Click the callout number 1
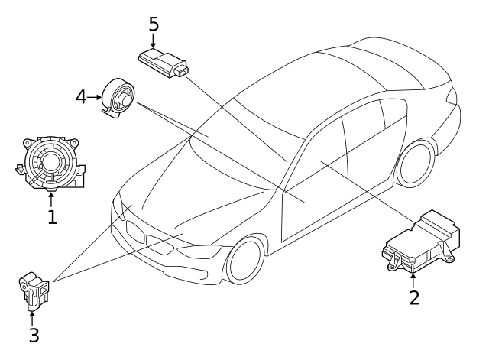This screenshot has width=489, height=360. [53, 217]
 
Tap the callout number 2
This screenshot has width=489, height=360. [414, 298]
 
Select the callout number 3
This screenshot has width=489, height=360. [34, 335]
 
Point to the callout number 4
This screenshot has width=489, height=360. [81, 97]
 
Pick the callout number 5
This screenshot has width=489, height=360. [154, 24]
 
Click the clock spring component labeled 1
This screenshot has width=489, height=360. [51, 163]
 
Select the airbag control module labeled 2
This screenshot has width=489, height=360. [421, 242]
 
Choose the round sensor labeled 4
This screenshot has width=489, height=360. [118, 98]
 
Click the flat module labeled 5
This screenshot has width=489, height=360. [163, 63]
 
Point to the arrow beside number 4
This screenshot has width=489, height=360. [94, 97]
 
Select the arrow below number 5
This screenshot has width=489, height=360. [153, 41]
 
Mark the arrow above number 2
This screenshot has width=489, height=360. [413, 281]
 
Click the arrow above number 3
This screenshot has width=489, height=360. [32, 319]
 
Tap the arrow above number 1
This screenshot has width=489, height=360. [51, 200]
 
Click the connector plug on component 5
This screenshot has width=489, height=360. [182, 70]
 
